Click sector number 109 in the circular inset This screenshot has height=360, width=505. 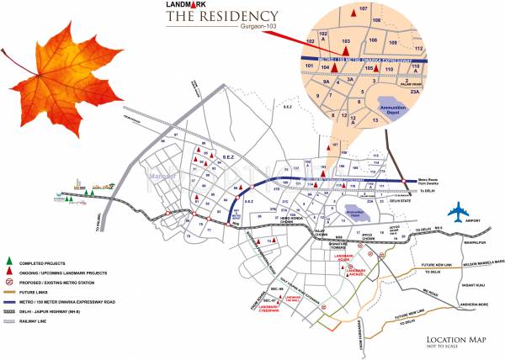click(393, 40)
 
